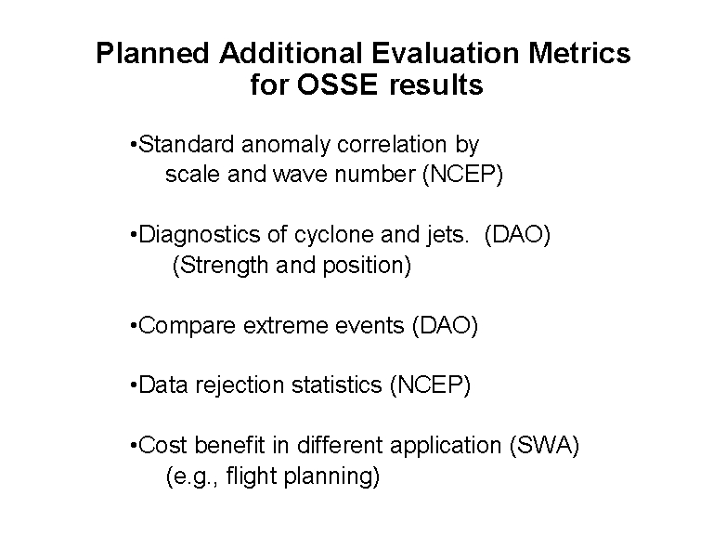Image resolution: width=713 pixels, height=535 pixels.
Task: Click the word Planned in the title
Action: coord(152,53)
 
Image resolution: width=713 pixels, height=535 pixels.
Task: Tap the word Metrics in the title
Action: coord(579,53)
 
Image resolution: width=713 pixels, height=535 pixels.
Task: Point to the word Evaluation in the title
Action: coord(446,53)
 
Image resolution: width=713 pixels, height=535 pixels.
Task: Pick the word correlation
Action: coord(392,145)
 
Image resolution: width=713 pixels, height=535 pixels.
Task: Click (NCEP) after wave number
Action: coord(463,175)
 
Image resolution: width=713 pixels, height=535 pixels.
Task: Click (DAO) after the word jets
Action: coord(517,235)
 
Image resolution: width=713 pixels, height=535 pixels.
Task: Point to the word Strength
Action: coord(224,266)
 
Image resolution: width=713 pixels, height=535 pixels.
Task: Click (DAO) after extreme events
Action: coord(446,326)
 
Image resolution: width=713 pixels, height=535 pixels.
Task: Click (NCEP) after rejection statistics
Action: coord(430,385)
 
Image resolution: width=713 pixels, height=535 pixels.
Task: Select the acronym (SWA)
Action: coord(545,446)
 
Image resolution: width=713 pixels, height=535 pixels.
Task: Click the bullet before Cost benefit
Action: coord(134,446)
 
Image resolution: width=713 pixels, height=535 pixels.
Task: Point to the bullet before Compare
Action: coord(134,326)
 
